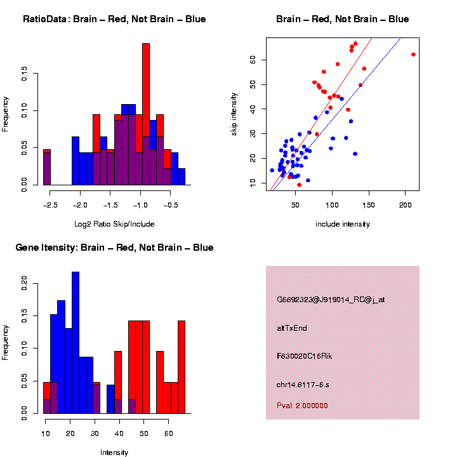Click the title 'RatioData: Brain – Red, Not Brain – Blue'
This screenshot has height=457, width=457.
(x=114, y=19)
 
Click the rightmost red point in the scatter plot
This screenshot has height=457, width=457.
(x=413, y=55)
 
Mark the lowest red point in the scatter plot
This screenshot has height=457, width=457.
(x=299, y=185)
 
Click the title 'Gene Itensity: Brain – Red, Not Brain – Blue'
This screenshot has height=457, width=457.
(x=114, y=248)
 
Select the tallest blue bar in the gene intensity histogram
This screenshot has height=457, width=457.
(x=76, y=343)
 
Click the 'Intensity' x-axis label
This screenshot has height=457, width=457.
(x=114, y=453)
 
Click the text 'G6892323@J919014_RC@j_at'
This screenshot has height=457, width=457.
(x=331, y=300)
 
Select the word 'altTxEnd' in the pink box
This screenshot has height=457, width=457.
(x=292, y=328)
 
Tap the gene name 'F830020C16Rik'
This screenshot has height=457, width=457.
(x=304, y=356)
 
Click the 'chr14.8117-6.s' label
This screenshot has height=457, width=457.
(x=303, y=385)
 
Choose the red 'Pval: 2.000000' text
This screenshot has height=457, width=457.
(x=302, y=406)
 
